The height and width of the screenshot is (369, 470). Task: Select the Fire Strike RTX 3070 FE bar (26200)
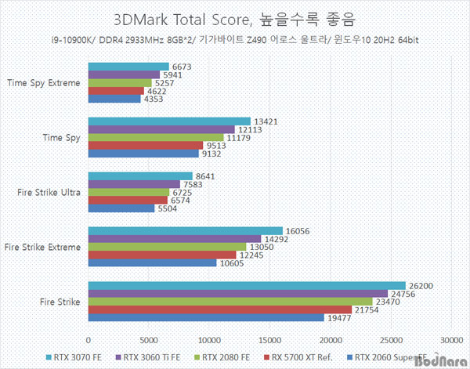click(x=247, y=285)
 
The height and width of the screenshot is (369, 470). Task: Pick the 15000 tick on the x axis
click(x=269, y=340)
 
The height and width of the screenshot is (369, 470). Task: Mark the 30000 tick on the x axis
click(x=450, y=340)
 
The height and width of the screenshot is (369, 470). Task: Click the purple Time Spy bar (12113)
click(x=161, y=129)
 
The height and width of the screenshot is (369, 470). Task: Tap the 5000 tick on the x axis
click(x=149, y=340)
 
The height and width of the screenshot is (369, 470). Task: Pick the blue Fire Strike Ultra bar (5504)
click(x=121, y=208)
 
